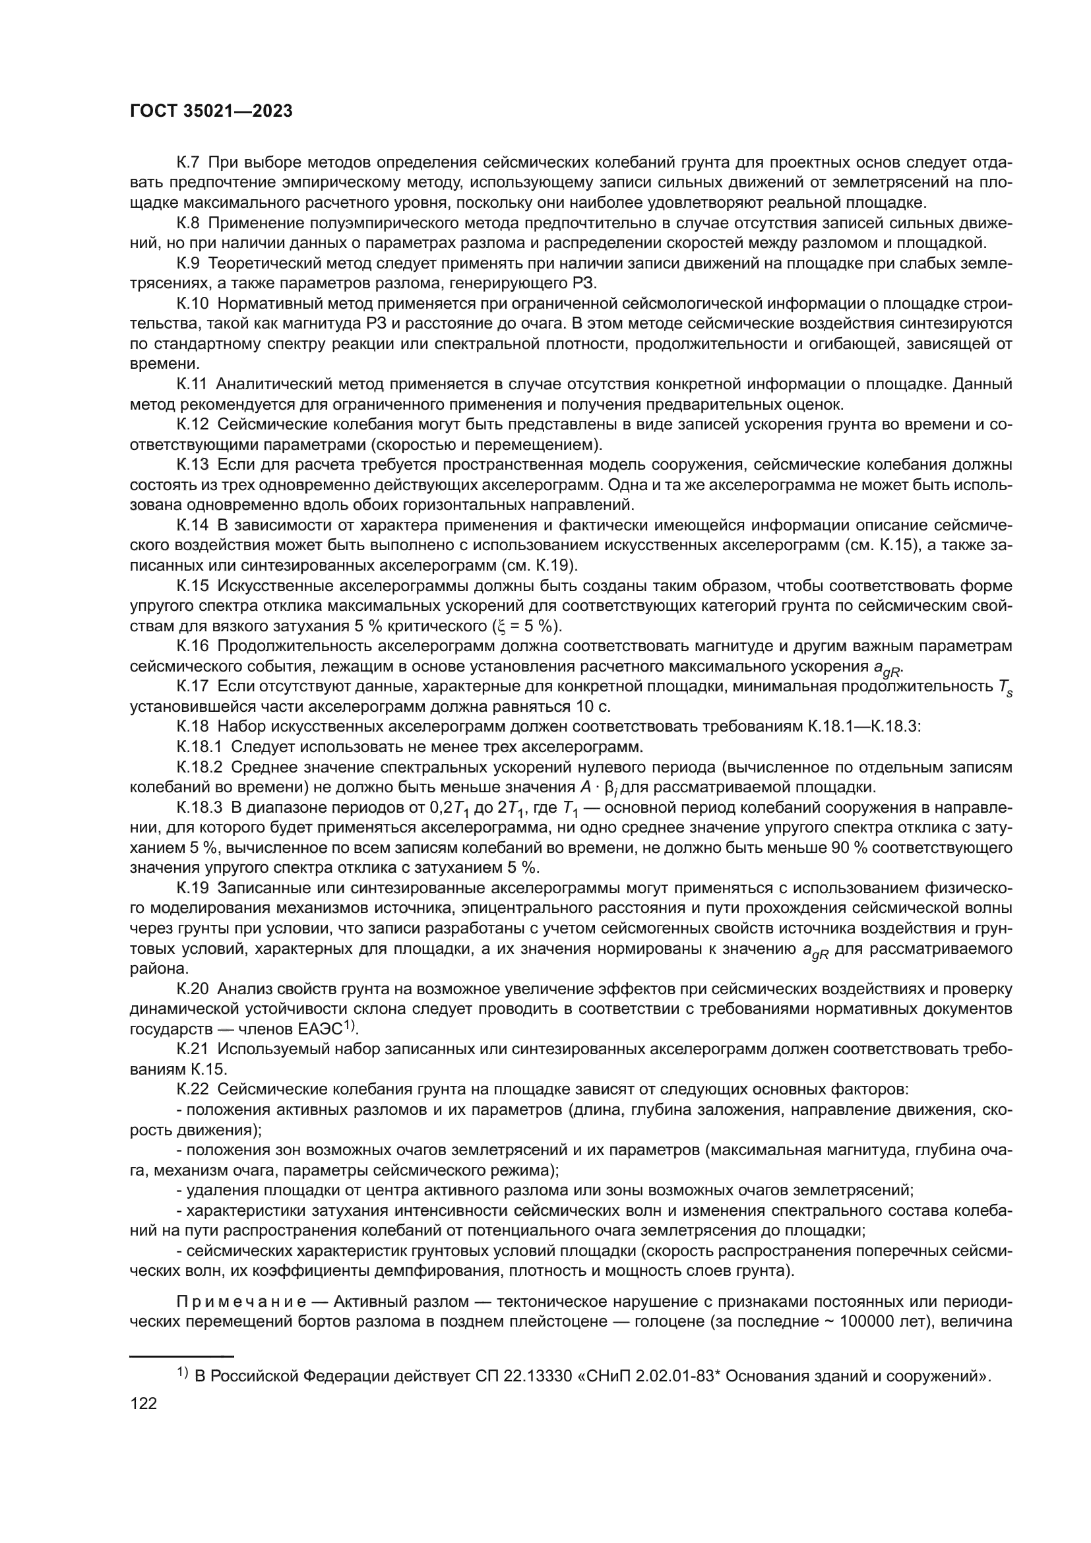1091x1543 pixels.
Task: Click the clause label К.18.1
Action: (202, 747)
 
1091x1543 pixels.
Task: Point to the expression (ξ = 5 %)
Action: (528, 626)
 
